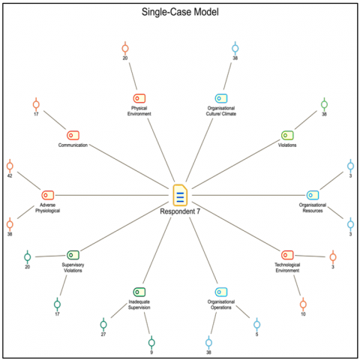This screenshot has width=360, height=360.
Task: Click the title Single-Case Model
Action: click(x=180, y=12)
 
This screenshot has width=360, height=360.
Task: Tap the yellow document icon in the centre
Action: click(x=180, y=195)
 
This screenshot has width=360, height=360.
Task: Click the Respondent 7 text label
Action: click(x=180, y=211)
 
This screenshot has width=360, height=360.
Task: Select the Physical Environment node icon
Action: click(x=139, y=98)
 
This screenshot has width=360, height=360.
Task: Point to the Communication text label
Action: click(x=73, y=145)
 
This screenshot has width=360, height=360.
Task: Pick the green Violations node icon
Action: click(x=287, y=135)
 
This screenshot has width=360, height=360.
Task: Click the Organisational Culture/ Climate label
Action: click(x=221, y=111)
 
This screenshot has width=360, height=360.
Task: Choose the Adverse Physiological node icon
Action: click(x=48, y=195)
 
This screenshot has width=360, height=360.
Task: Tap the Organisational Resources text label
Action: click(x=313, y=208)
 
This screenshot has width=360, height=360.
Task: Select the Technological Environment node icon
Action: click(x=287, y=255)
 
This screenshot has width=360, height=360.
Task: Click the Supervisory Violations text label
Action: click(x=73, y=268)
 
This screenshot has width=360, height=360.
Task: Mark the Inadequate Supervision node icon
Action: click(x=139, y=292)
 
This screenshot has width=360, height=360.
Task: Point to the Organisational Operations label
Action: click(x=221, y=304)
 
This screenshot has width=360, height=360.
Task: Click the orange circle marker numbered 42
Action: click(x=10, y=166)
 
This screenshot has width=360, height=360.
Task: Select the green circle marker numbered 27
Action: click(x=103, y=325)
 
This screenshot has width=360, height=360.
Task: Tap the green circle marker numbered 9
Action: click(x=151, y=343)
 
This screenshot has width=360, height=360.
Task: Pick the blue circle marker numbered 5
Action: click(x=256, y=325)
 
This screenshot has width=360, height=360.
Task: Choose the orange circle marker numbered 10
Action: click(x=303, y=304)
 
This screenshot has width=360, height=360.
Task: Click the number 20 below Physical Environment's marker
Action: click(x=125, y=58)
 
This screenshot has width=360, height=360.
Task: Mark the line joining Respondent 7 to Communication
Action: click(x=129, y=166)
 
